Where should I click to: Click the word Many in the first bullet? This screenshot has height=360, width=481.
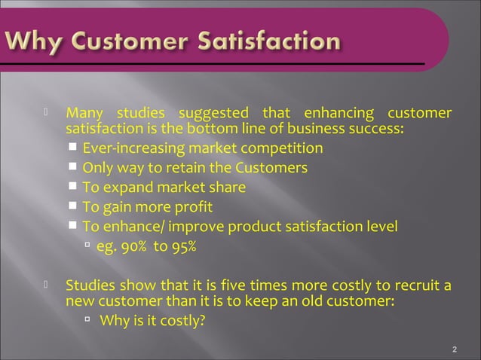point(84,114)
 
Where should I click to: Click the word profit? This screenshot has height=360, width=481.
point(194,207)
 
